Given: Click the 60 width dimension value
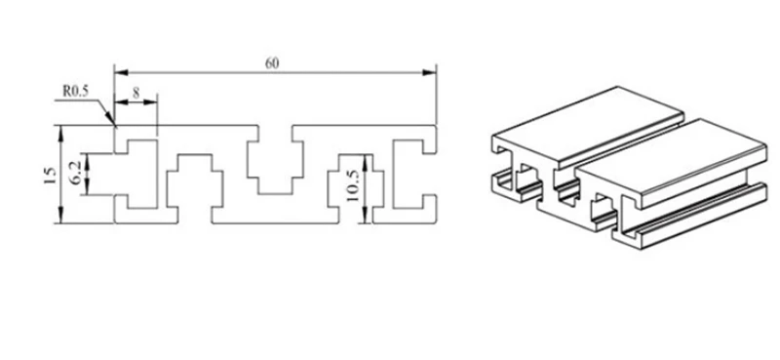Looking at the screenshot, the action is click(x=272, y=63).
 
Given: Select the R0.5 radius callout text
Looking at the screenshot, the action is click(x=75, y=91).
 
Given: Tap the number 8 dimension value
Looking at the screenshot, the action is click(x=136, y=92).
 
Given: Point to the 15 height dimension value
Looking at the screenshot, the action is click(x=50, y=176).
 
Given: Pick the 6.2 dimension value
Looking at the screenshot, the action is click(x=76, y=175).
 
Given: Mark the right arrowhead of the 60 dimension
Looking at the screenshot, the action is click(x=429, y=73).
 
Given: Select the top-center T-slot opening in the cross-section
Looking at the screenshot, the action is click(x=275, y=160).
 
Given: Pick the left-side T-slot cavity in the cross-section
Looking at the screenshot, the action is click(x=136, y=175).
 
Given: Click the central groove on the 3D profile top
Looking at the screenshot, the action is click(x=629, y=143).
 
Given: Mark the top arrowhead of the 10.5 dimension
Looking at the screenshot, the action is click(x=366, y=161).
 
